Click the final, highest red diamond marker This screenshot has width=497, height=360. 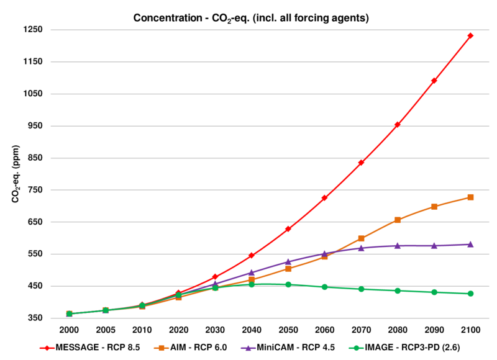coord(470,35)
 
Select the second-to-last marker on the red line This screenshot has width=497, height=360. coord(434,80)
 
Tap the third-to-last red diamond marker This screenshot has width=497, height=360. coord(398,124)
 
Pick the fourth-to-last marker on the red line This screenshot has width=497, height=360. coord(361,163)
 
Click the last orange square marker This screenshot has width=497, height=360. coord(470,197)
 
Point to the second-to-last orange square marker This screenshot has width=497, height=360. coord(434,206)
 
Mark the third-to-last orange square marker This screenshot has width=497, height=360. coord(398,220)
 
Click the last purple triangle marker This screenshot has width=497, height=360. coord(470,244)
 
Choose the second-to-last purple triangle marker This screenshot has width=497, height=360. coord(434,245)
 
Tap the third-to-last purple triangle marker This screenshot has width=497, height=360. coord(398,245)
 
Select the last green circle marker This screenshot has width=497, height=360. coord(470,293)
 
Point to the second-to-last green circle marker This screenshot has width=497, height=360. coord(434,292)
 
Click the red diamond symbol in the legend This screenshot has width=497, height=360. coord(47,348)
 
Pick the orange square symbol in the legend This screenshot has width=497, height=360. coord(162,348)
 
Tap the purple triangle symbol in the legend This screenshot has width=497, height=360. coord(248,348)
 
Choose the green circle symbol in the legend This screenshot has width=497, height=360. coord(356,348)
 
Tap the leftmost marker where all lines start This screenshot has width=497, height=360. coord(69,313)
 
